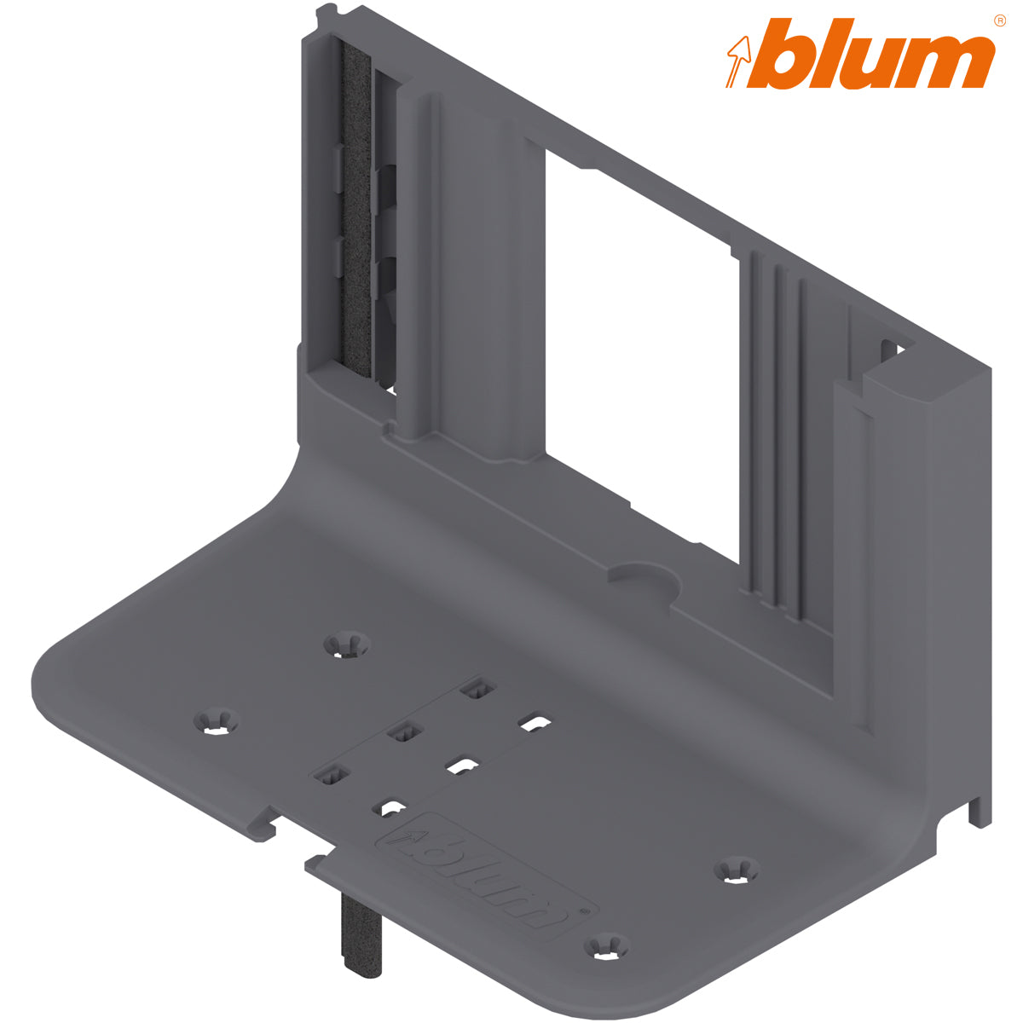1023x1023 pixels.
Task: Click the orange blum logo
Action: coord(861,55)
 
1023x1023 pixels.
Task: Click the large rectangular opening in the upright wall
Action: coord(639,341)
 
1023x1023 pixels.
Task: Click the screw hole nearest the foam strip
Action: coord(347,644)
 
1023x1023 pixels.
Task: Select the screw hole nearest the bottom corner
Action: coord(606,945)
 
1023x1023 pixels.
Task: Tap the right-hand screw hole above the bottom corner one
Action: coord(736,870)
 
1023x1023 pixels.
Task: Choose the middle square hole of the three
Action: coord(404,731)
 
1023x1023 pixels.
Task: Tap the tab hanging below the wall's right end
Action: coord(980,806)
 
